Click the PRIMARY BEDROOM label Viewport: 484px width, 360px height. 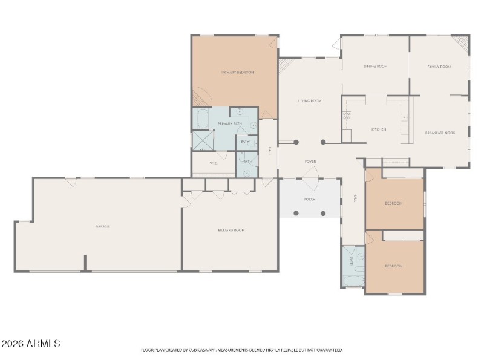click(237, 72)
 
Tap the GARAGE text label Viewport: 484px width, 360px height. click(102, 226)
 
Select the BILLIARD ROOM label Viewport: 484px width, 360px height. click(231, 230)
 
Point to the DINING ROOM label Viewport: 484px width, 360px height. click(375, 66)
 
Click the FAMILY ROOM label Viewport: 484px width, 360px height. click(439, 67)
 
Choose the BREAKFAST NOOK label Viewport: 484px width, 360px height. click(440, 132)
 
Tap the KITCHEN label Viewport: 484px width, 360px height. click(379, 129)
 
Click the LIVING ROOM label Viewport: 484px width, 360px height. click(309, 101)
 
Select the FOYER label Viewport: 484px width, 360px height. click(310, 162)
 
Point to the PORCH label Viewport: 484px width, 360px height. click(309, 199)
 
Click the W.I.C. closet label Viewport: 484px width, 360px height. click(214, 163)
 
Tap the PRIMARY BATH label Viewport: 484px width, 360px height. click(229, 123)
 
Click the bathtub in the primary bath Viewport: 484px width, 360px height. click(201, 119)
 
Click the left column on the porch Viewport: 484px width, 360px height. click(296, 213)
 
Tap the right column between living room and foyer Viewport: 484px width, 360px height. click(323, 142)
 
